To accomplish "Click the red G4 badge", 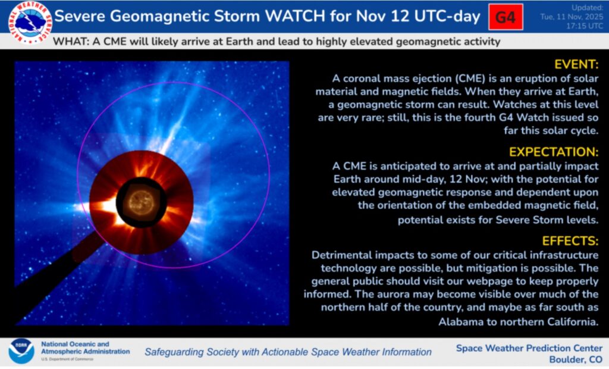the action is (506, 17).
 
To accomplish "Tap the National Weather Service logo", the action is (30, 22).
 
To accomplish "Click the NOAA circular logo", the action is (21, 351).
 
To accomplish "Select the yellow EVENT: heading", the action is (576, 64).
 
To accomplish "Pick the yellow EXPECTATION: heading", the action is (554, 152).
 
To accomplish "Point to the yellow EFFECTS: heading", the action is (570, 241).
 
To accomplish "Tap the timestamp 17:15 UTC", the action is (585, 26).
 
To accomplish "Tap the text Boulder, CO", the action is (576, 359).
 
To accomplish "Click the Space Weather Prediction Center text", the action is (529, 348).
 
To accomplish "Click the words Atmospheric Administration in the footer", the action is (86, 352).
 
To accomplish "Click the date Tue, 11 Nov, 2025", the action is (572, 17).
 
